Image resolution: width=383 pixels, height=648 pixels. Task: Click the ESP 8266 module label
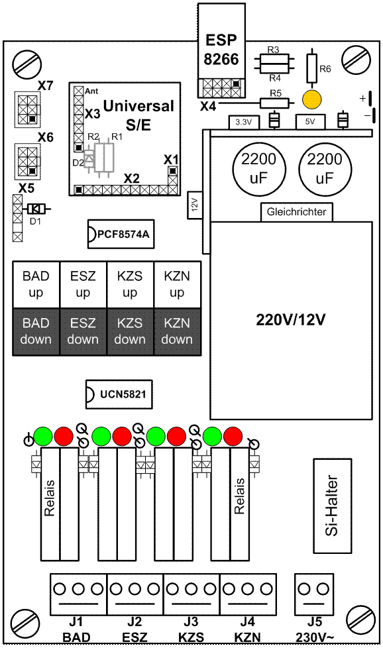click(221, 50)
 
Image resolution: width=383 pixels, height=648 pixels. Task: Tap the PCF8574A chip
click(121, 235)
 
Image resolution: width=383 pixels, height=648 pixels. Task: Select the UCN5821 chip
click(119, 394)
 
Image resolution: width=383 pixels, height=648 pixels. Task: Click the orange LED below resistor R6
click(311, 99)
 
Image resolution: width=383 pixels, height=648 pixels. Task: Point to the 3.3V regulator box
click(243, 122)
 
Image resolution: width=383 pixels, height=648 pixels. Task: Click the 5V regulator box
click(310, 122)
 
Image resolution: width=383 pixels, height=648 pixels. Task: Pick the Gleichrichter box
click(296, 212)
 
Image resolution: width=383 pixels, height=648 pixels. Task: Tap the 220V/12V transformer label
click(291, 320)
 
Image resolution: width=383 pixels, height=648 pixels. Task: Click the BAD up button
click(36, 284)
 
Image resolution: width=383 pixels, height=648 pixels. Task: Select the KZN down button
click(177, 331)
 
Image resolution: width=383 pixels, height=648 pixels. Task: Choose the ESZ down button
click(83, 331)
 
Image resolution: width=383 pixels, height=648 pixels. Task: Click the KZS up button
click(130, 284)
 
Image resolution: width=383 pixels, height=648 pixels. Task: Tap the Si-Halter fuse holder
click(333, 506)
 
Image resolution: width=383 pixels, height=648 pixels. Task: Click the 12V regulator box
click(195, 205)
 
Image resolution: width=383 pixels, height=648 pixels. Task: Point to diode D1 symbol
click(35, 209)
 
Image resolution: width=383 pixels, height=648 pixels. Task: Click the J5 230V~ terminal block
click(313, 594)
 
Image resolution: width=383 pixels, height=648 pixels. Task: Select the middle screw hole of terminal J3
click(191, 589)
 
